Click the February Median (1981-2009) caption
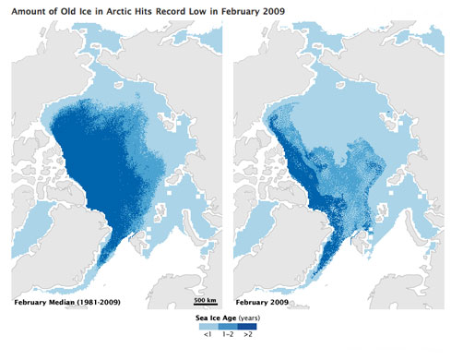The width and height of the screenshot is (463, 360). pyautogui.click(x=65, y=301)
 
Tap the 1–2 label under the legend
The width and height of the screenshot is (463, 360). pyautogui.click(x=231, y=336)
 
